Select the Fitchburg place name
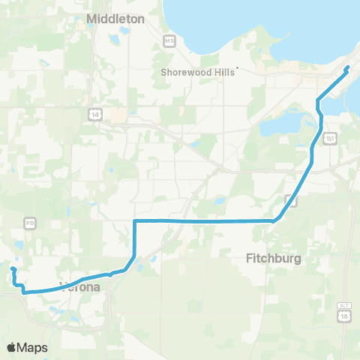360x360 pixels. (274, 258)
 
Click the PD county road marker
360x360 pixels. (30, 223)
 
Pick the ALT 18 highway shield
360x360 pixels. (344, 316)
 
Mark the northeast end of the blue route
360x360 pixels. (347, 68)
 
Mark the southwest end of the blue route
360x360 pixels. (12, 268)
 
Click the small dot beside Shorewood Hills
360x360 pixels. (237, 69)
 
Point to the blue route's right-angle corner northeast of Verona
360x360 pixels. (134, 221)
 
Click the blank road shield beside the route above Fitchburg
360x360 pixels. (289, 199)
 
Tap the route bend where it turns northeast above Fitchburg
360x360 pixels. (274, 220)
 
